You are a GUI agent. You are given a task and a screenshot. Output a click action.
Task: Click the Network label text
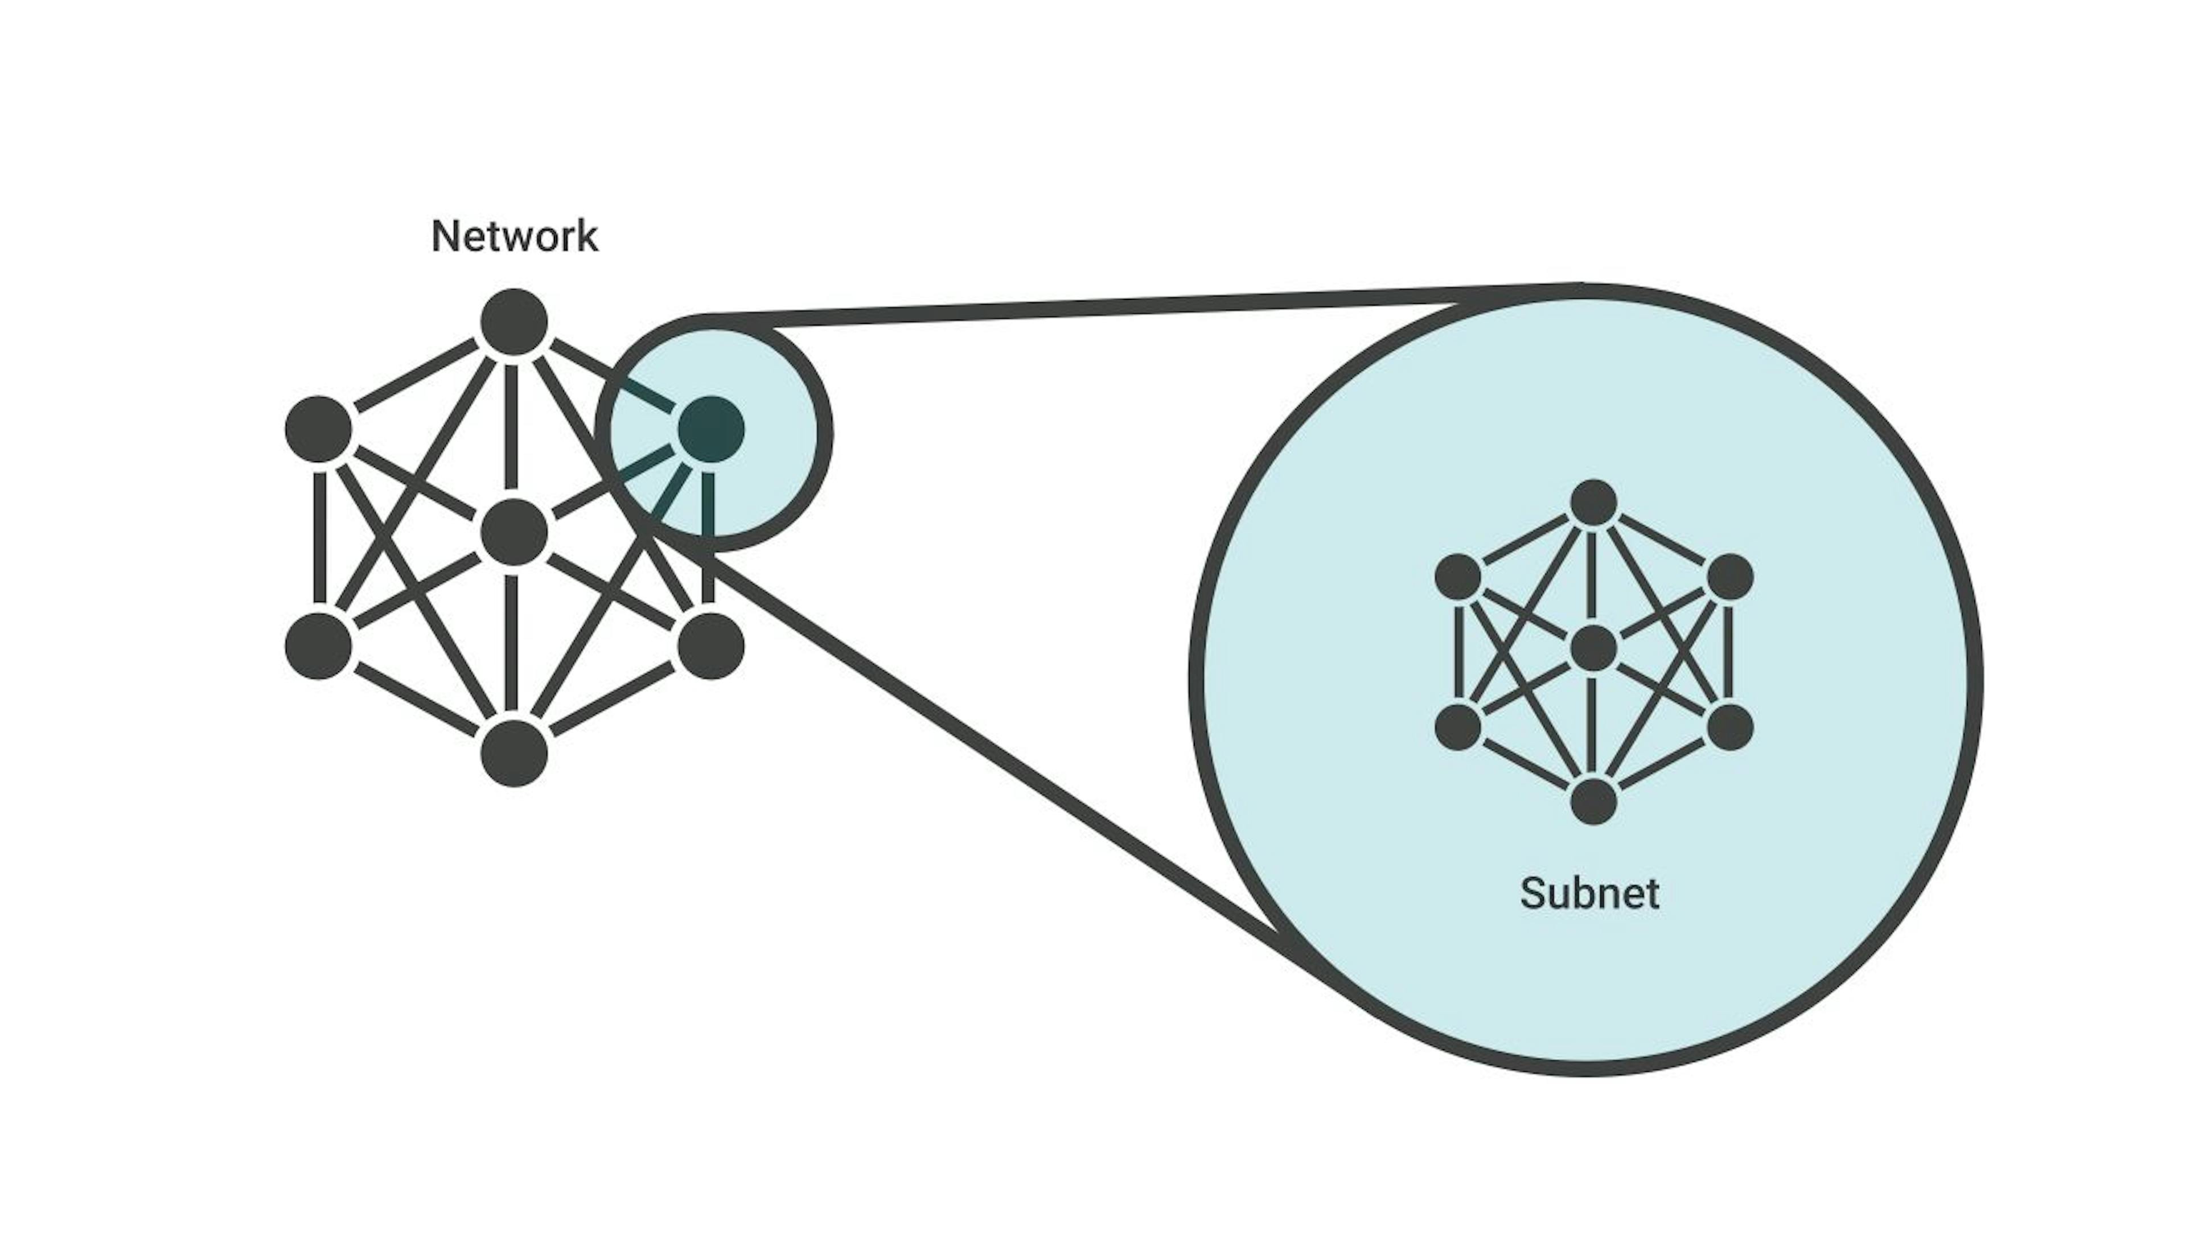[x=514, y=236]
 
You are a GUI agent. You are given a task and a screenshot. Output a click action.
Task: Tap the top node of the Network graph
[x=514, y=322]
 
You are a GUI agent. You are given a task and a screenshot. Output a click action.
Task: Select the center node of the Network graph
[x=514, y=532]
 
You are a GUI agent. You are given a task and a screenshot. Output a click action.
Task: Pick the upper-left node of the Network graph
[x=318, y=429]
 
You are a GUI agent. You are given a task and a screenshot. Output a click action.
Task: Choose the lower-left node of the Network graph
[x=318, y=645]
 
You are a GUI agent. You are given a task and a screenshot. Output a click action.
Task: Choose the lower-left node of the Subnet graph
[x=1458, y=726]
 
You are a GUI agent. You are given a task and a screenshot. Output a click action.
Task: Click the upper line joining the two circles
[x=1112, y=306]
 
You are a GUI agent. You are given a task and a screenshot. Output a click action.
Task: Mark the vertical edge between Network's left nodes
[x=320, y=537]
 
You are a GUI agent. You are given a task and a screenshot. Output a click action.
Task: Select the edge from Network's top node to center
[x=513, y=428]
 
